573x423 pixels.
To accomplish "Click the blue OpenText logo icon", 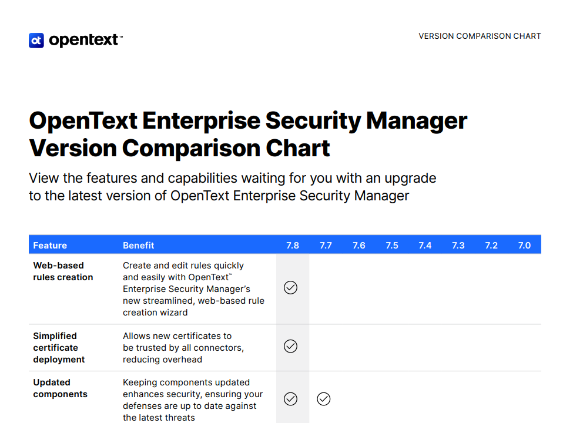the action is click(x=36, y=40).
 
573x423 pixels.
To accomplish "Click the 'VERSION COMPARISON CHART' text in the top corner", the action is click(x=480, y=36).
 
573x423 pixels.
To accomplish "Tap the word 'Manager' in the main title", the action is click(x=417, y=120).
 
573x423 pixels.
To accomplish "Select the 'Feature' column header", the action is click(x=50, y=246).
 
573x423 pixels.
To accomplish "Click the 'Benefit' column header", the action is click(x=139, y=246).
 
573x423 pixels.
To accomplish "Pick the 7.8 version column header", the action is click(x=292, y=246).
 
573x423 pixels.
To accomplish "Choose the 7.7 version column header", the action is click(x=326, y=246).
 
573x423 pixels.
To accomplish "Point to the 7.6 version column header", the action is click(x=359, y=246).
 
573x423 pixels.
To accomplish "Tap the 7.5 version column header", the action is click(x=392, y=246).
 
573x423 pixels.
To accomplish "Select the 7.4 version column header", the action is click(x=425, y=246).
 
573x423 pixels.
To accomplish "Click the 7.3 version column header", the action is click(x=458, y=246).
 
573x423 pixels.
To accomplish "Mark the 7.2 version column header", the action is click(x=491, y=246).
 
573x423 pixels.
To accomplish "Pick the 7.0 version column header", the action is click(x=524, y=246).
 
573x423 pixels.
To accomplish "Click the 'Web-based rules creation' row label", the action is click(x=63, y=271).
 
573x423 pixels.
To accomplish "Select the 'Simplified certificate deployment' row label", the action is click(x=59, y=348).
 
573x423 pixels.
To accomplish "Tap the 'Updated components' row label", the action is click(x=61, y=388).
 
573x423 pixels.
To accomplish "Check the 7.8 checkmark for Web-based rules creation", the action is click(x=290, y=288).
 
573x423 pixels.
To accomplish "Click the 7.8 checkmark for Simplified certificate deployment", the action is click(x=290, y=346).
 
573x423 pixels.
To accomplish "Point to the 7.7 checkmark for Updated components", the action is click(x=324, y=399).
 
